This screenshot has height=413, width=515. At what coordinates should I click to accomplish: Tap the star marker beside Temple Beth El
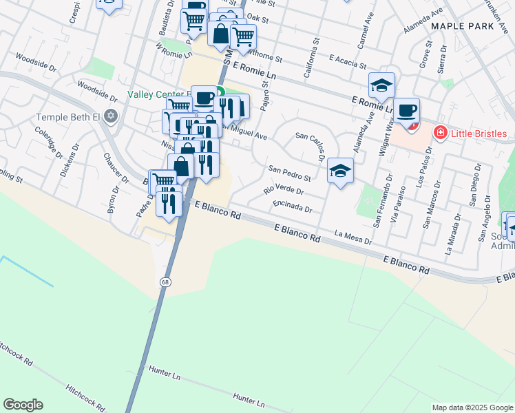click(110, 116)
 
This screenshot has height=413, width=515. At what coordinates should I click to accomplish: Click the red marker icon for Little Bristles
click(439, 132)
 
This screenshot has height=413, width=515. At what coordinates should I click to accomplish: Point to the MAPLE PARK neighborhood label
click(463, 25)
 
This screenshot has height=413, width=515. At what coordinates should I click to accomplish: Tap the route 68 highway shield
click(165, 282)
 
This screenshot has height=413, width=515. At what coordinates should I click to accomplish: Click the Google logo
click(23, 405)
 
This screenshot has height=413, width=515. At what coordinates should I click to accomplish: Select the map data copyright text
click(472, 407)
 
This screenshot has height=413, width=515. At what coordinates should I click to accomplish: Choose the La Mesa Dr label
click(353, 237)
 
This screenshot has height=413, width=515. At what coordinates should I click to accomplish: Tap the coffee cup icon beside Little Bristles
click(407, 109)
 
